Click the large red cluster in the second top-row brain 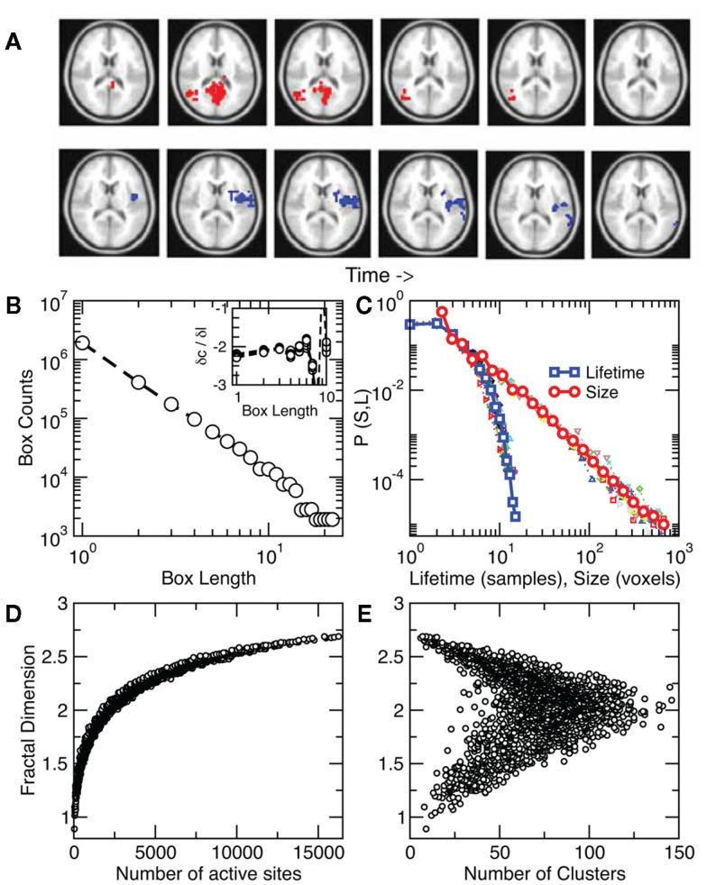[215, 92]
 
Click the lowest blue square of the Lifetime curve [515, 516]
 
